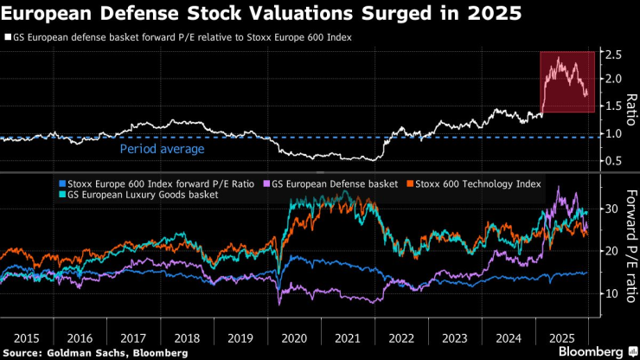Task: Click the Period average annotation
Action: [x=163, y=149]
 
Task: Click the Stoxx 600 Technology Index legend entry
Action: [x=473, y=183]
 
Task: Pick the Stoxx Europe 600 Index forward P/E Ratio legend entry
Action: [x=157, y=183]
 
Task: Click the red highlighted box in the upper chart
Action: [x=566, y=81]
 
